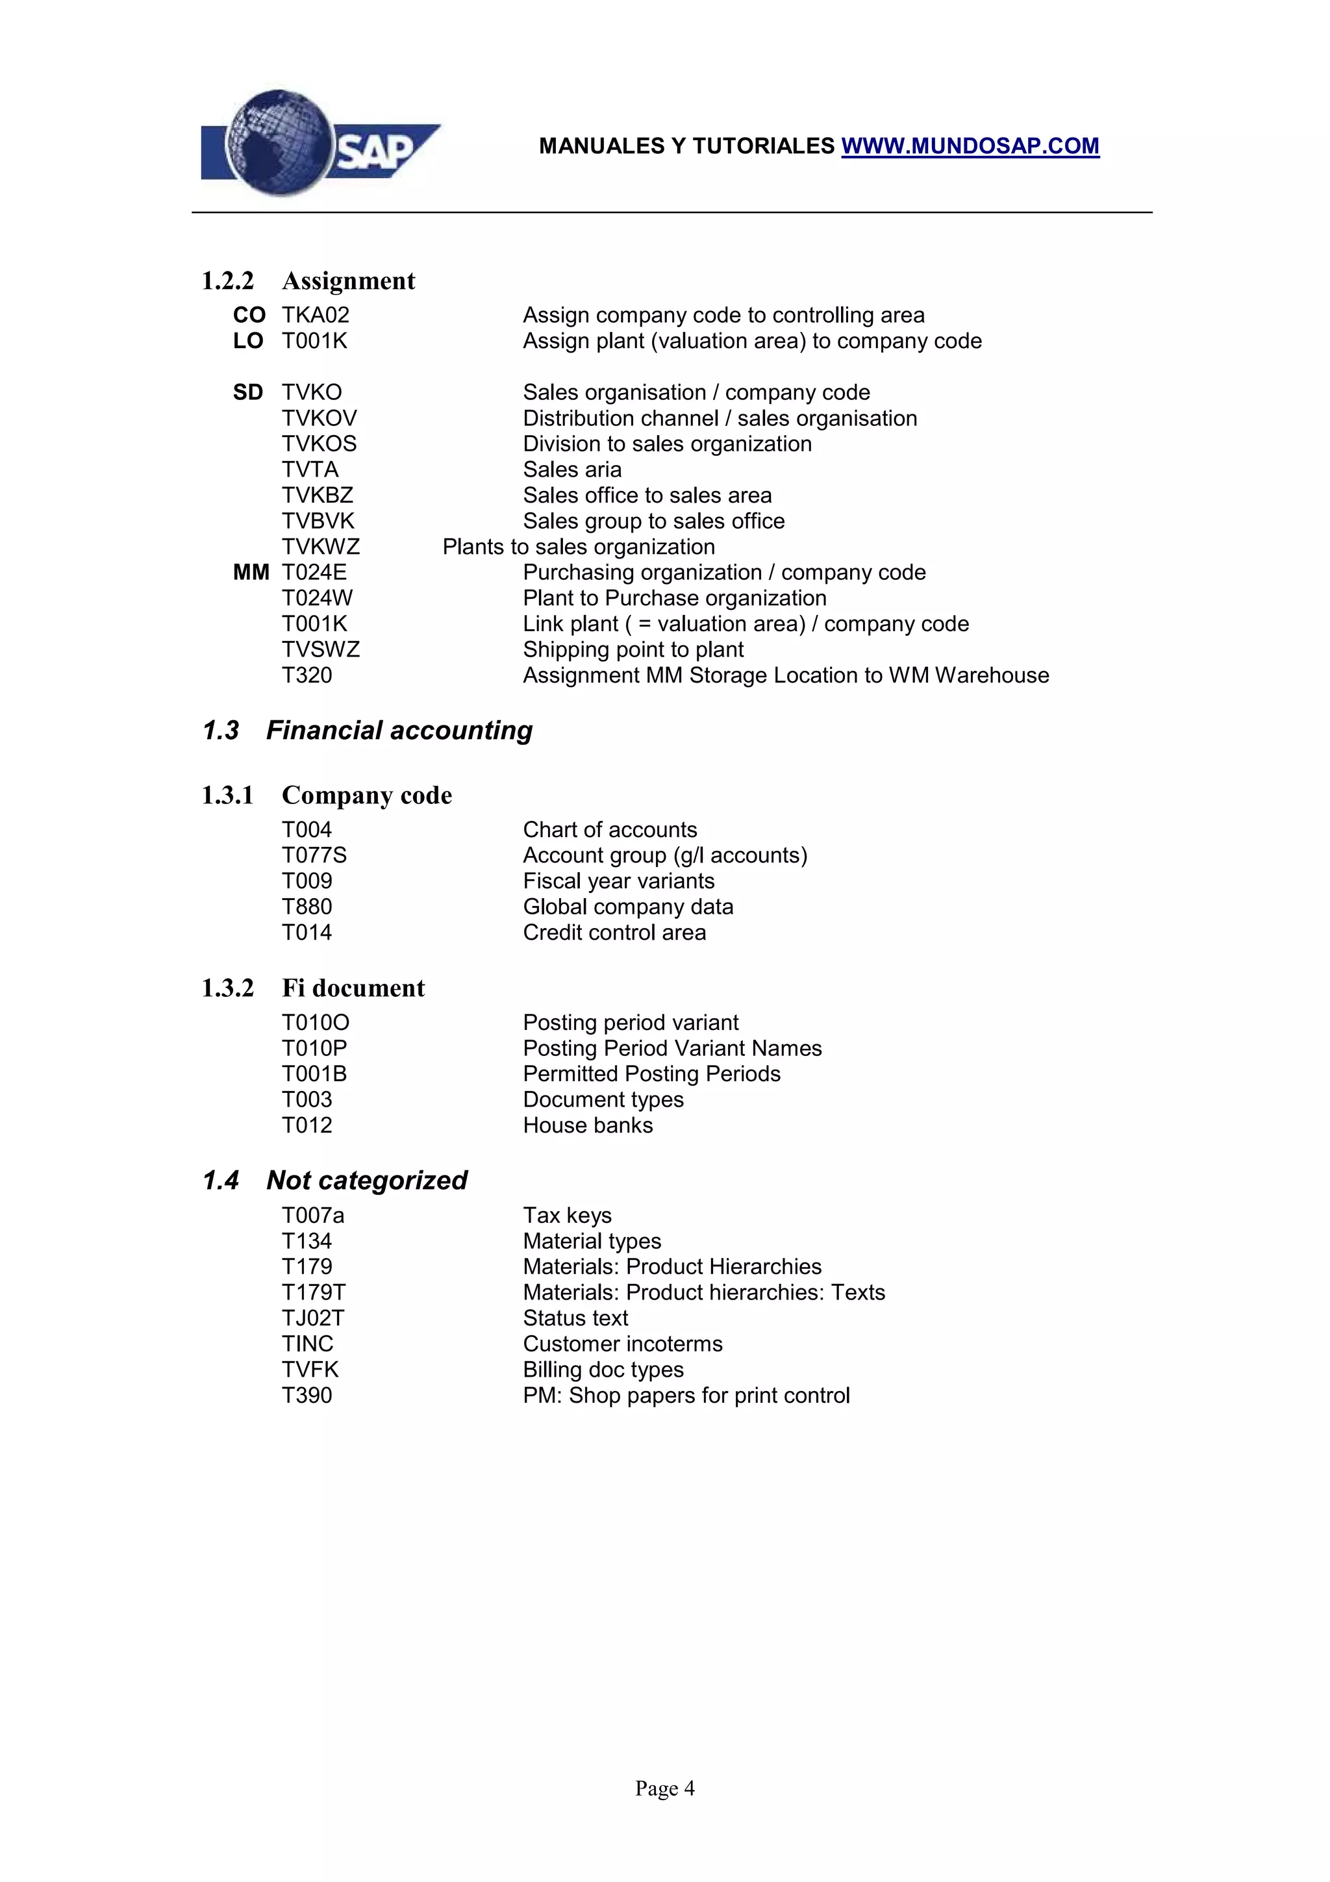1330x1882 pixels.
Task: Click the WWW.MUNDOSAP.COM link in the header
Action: pos(970,146)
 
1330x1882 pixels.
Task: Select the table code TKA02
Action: pos(316,315)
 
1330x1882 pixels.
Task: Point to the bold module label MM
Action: pos(251,572)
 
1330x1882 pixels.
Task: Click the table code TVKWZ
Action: pos(320,547)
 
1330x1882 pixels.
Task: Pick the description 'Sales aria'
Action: pos(572,470)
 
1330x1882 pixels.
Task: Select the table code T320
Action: pos(307,675)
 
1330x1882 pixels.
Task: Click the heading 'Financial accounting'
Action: pos(399,731)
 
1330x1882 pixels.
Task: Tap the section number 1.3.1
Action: pos(228,795)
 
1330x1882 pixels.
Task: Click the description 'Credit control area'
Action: pos(614,932)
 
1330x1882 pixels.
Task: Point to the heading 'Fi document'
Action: pos(353,988)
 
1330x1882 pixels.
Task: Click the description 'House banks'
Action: pos(588,1125)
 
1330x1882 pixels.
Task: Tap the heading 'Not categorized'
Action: pos(366,1181)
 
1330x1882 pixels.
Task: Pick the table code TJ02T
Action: pos(313,1318)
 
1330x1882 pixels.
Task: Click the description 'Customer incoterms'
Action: pos(623,1344)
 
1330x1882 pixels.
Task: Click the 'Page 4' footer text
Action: pos(664,1788)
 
